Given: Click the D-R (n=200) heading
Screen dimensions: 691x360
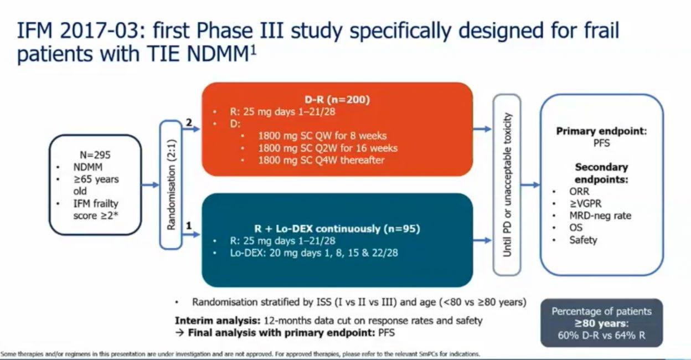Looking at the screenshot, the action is click(x=337, y=100).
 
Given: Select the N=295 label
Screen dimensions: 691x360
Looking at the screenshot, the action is click(x=95, y=155).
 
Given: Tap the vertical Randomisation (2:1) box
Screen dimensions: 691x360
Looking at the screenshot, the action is click(x=171, y=184).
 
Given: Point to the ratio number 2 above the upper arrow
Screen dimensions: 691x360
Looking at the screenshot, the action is click(x=189, y=122).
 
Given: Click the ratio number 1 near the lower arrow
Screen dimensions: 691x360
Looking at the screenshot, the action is click(x=189, y=226).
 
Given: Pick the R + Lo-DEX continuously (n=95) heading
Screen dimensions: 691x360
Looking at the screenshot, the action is click(x=337, y=229).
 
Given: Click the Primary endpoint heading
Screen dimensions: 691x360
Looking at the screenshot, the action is click(x=601, y=131).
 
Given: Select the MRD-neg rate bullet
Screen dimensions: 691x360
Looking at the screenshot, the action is click(x=600, y=215).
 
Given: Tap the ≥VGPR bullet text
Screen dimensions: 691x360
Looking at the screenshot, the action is click(x=585, y=204).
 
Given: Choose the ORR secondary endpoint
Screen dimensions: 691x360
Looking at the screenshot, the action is click(x=579, y=191).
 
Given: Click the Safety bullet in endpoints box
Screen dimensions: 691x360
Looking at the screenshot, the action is click(x=583, y=240).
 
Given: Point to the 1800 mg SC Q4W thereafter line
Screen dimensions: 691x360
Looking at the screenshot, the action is click(x=321, y=160).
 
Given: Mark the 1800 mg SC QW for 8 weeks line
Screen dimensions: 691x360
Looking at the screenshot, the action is click(x=322, y=136).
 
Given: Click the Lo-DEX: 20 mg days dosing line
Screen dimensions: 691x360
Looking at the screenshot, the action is click(x=314, y=253).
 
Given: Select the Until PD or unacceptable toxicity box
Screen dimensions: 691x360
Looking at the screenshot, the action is click(x=507, y=184).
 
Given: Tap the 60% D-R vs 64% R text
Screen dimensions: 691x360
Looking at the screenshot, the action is click(x=601, y=335).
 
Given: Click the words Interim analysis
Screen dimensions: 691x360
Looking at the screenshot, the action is click(x=218, y=321).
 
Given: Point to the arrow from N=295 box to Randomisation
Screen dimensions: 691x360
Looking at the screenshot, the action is click(x=150, y=185).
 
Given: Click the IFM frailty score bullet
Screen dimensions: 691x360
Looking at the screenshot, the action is click(x=96, y=209).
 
